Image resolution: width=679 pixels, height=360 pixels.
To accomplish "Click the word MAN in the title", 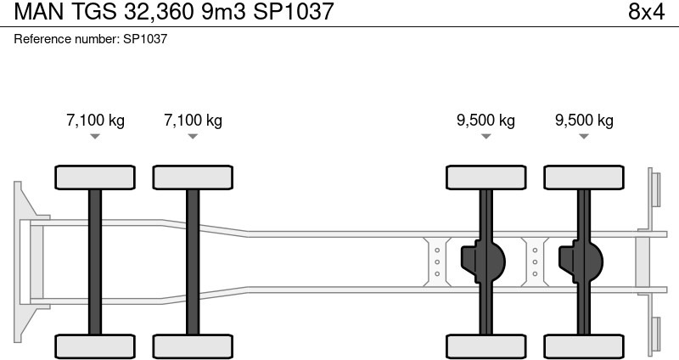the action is (39, 12).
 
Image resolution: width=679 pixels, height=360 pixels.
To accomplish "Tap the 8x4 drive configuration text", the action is (646, 12).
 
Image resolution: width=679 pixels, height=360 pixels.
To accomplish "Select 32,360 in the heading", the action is (159, 12).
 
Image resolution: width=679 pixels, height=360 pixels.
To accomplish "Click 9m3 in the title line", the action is (223, 12).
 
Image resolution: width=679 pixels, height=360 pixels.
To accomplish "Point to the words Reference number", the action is (65, 39).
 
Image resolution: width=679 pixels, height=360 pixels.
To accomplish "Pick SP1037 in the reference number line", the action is (145, 39).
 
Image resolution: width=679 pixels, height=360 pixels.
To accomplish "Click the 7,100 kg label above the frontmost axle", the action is (95, 120).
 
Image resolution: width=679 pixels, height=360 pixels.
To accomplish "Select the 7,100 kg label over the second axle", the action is (193, 120).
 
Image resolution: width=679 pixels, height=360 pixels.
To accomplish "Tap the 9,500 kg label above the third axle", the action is (485, 120).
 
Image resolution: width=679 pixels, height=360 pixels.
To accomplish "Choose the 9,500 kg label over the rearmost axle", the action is (584, 120).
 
